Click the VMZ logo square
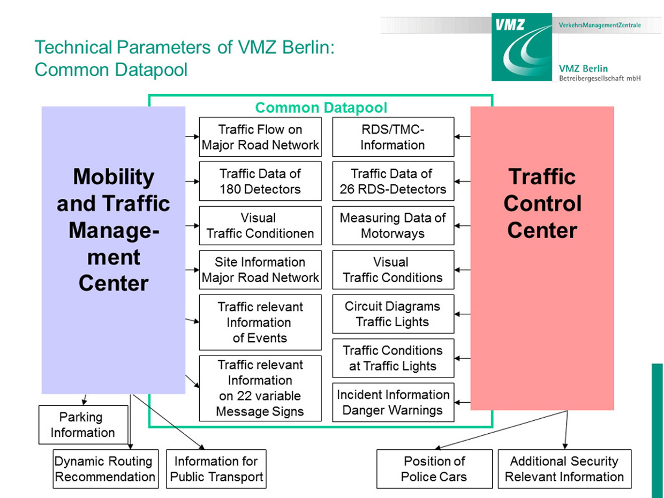coord(521,47)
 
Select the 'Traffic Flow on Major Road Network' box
coord(260,137)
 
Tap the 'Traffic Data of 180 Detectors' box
coord(260,181)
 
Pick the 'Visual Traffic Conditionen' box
coord(260,225)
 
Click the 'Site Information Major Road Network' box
coord(260,270)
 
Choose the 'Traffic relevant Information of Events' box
coord(260,322)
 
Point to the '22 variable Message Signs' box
coord(260,388)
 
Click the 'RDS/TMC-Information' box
coord(393,137)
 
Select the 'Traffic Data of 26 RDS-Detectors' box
coord(393,181)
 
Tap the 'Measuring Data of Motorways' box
coord(393,225)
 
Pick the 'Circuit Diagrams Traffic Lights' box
coord(393,314)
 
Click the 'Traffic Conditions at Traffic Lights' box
coord(393,358)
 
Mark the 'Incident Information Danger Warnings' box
coord(393,402)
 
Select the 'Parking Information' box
coord(83,425)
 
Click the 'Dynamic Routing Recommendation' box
coord(105,469)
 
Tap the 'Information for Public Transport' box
coord(216,469)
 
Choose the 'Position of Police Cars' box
coord(434,469)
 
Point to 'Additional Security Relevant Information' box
coord(564,469)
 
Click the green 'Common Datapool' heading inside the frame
coord(321,108)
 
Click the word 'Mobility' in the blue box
coord(113,176)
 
